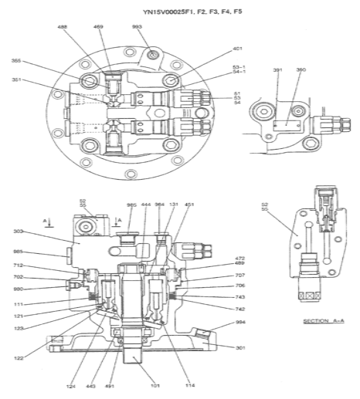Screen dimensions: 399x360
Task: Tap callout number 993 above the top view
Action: [x=137, y=27]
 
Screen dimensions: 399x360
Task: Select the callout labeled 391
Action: [x=278, y=70]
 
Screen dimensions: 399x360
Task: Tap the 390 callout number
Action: [x=301, y=70]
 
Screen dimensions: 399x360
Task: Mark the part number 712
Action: [x=19, y=265]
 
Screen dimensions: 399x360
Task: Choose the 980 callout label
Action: [x=19, y=289]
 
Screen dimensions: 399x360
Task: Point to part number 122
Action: [x=19, y=357]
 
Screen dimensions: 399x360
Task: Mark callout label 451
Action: [x=190, y=205]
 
